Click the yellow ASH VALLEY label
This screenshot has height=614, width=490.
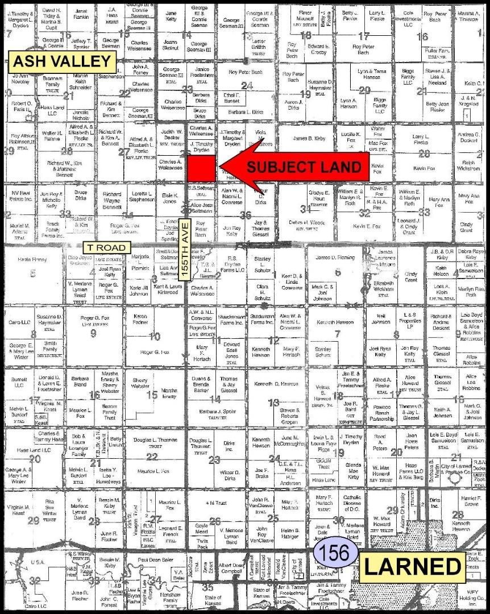(x=63, y=61)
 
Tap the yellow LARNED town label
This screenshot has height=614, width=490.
(x=413, y=567)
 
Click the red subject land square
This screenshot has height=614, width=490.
(x=202, y=168)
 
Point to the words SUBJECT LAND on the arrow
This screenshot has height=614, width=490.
(x=304, y=167)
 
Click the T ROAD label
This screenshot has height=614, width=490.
(x=107, y=248)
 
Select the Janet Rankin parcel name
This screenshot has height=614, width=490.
(x=81, y=14)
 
